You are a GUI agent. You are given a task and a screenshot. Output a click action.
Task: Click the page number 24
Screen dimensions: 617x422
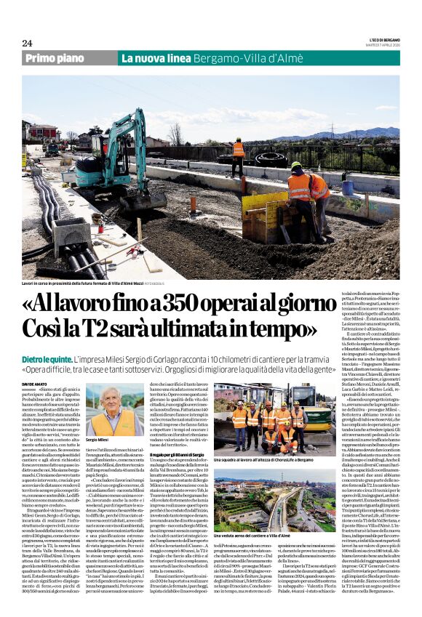(x=27, y=43)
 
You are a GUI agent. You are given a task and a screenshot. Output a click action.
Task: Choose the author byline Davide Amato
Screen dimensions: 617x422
(x=34, y=384)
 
